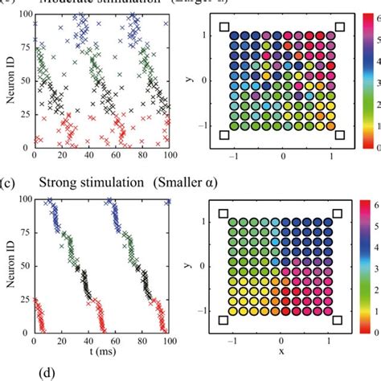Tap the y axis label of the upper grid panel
pyautogui.click(x=198, y=79)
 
